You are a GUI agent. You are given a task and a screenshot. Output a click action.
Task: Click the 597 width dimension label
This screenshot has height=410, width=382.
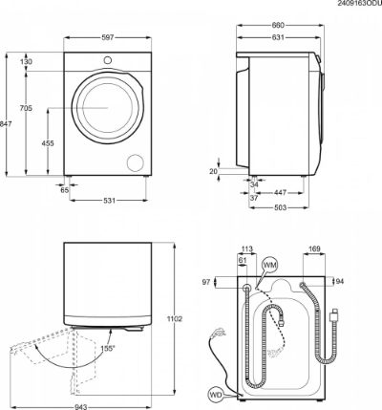(x=108, y=38)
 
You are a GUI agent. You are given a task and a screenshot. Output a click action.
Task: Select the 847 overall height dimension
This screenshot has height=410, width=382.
(x=6, y=124)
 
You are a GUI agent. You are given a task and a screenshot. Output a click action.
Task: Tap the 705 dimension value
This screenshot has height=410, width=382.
(x=26, y=108)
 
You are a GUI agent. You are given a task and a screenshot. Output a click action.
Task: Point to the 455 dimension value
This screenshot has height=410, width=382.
(x=48, y=143)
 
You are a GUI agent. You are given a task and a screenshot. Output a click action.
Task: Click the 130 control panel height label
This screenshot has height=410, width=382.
(x=26, y=62)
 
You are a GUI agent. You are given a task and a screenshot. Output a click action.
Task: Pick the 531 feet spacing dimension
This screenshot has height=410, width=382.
(x=108, y=201)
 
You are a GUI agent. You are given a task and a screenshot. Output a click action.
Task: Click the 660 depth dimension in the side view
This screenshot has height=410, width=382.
(x=278, y=25)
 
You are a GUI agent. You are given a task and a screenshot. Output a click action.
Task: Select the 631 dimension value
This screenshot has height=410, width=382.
(x=278, y=37)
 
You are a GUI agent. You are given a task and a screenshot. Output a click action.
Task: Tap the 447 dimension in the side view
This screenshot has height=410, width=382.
(x=280, y=193)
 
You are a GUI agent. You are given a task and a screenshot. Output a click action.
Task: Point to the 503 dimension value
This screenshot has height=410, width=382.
(x=280, y=207)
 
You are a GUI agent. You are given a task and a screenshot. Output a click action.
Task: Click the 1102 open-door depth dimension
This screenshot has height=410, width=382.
(x=175, y=318)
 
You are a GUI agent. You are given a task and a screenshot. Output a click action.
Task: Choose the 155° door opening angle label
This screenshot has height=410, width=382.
(x=108, y=348)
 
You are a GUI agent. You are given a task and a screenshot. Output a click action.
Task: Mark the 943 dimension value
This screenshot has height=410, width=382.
(x=81, y=407)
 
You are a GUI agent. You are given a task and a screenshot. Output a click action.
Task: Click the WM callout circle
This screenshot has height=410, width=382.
(x=269, y=266)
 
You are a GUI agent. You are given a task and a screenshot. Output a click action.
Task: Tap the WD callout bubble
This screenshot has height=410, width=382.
(x=216, y=394)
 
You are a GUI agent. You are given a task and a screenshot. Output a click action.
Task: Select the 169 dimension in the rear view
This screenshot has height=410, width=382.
(x=314, y=248)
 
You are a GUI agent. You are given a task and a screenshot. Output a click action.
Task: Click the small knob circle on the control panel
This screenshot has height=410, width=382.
(x=108, y=60)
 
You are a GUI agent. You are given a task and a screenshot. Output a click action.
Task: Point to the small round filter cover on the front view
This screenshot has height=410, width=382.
(x=136, y=162)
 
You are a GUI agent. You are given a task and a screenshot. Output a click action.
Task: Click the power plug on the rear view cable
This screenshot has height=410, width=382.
(x=334, y=314)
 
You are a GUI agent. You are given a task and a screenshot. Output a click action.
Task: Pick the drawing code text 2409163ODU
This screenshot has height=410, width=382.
(x=360, y=4)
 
